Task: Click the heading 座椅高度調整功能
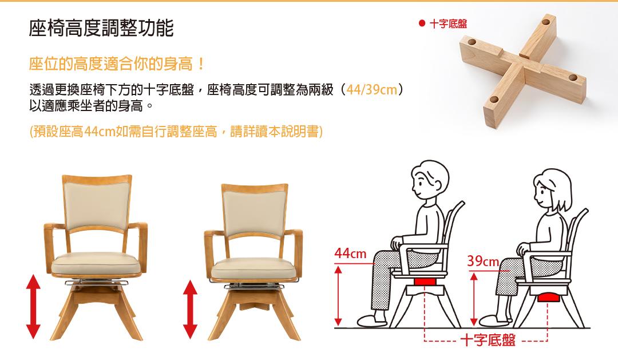pyautogui.click(x=101, y=28)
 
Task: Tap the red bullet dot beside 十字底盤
pyautogui.click(x=422, y=23)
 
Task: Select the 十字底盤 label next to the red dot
pyautogui.click(x=448, y=23)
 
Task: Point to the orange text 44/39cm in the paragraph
pyautogui.click(x=372, y=89)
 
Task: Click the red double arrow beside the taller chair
pyautogui.click(x=33, y=306)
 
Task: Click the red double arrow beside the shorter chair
pyautogui.click(x=191, y=309)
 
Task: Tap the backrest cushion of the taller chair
pyautogui.click(x=97, y=205)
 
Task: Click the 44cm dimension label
pyautogui.click(x=350, y=253)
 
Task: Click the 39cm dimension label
pyautogui.click(x=483, y=260)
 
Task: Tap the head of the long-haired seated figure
pyautogui.click(x=553, y=191)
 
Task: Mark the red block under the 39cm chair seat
pyautogui.click(x=548, y=297)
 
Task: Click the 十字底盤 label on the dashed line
pyautogui.click(x=488, y=340)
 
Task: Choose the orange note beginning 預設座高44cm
pyautogui.click(x=176, y=131)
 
